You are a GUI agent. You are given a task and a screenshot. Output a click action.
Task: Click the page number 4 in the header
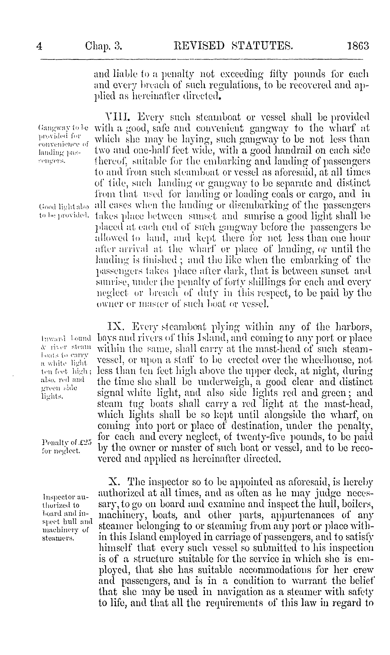point(39,46)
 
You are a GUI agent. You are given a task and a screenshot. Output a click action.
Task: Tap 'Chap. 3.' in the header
point(104,46)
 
